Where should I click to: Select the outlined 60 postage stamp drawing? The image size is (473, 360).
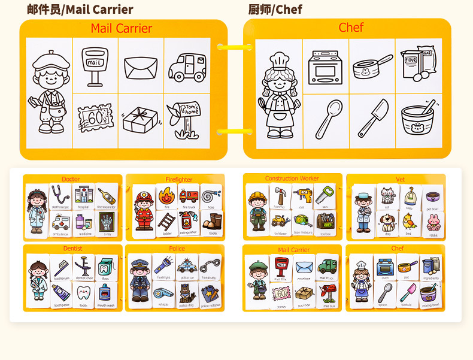(x=94, y=117)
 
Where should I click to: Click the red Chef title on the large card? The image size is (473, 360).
(x=351, y=28)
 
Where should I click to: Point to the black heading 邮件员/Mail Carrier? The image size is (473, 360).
(x=80, y=10)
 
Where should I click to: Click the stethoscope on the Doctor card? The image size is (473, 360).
(x=60, y=195)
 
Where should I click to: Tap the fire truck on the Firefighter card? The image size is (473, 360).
(x=189, y=196)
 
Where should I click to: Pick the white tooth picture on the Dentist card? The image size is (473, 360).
(x=83, y=292)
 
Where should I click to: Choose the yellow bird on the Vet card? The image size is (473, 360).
(x=409, y=222)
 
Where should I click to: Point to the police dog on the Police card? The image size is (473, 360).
(x=186, y=292)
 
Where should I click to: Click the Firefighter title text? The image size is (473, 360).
(x=179, y=180)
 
